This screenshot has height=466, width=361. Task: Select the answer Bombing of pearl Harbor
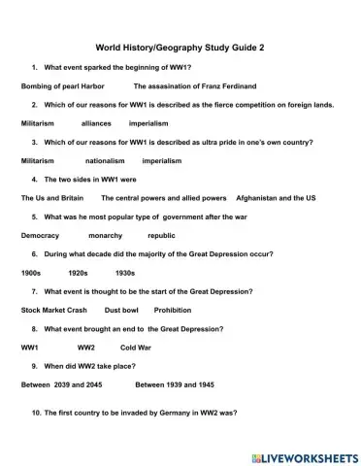click(62, 86)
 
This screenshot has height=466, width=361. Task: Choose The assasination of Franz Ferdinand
click(195, 86)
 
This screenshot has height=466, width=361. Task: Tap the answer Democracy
click(40, 235)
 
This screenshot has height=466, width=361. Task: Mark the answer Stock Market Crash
click(53, 310)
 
